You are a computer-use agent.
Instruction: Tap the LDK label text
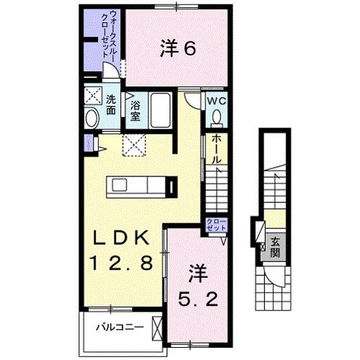119,238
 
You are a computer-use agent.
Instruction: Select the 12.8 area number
120,264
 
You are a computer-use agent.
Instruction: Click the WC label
217,101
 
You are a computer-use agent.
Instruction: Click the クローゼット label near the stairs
215,224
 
